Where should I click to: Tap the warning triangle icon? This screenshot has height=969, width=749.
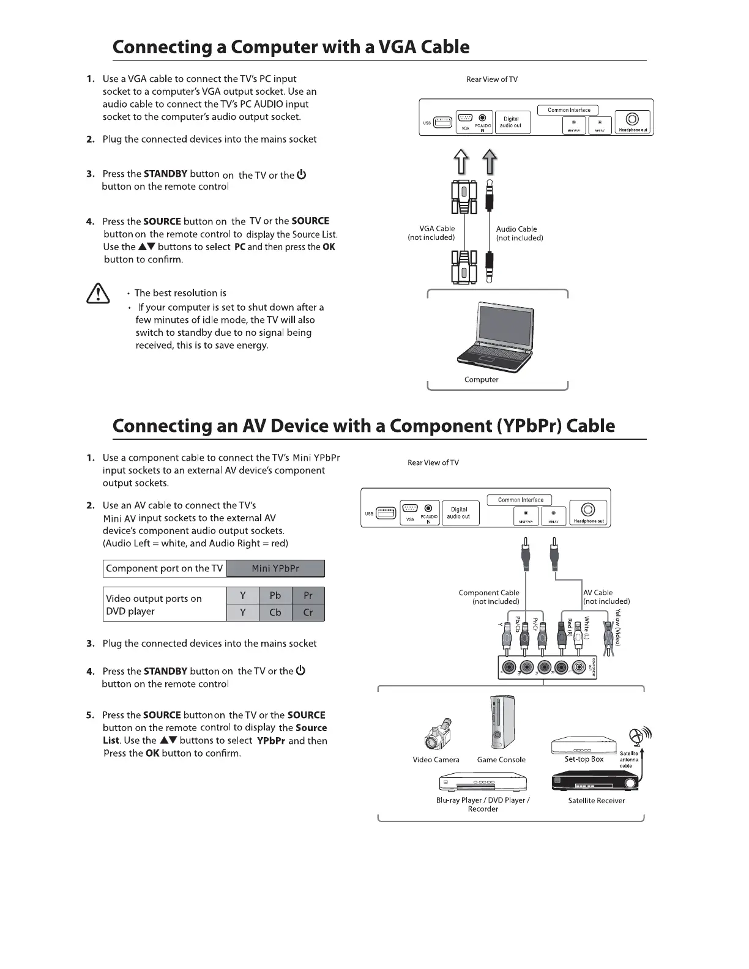point(97,295)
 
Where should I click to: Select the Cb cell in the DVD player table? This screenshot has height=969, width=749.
point(275,612)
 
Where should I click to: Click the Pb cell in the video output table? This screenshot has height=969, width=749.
point(275,595)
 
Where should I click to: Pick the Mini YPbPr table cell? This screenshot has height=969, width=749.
point(275,568)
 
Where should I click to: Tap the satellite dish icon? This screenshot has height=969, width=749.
point(639,737)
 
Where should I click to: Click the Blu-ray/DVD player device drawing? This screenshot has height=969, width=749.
point(483,782)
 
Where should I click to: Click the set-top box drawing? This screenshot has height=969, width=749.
point(584,746)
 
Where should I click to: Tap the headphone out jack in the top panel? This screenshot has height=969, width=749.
point(633,119)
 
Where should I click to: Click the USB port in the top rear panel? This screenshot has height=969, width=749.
point(443,123)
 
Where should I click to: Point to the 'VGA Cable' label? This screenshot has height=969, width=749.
point(437,229)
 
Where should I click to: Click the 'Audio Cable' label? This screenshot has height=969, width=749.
point(516,229)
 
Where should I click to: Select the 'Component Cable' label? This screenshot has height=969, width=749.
point(489,593)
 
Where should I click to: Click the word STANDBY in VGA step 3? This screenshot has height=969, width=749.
point(165,174)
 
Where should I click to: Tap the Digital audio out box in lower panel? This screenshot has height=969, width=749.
point(459,513)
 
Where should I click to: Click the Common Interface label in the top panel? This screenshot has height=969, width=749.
point(569,110)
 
